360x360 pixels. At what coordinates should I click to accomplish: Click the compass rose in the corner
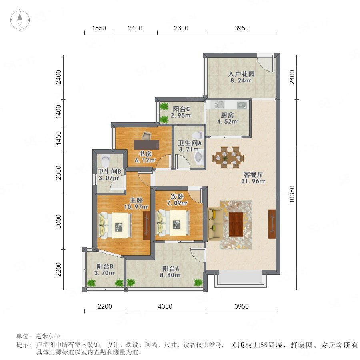tap(20, 20)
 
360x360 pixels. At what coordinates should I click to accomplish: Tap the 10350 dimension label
tap(292, 194)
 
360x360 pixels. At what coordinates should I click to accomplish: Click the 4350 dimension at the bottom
tap(165, 306)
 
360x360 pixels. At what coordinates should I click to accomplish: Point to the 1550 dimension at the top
tap(99, 28)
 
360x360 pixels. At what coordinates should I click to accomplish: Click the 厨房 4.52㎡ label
tap(227, 118)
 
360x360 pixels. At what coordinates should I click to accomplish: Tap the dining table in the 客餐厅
tap(228, 158)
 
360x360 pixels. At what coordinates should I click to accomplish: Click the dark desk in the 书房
tap(146, 144)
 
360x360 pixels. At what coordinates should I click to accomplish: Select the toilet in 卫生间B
tap(105, 162)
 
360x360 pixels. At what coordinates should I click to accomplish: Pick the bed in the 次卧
tap(173, 223)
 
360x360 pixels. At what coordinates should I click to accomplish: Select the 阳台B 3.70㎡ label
tap(105, 270)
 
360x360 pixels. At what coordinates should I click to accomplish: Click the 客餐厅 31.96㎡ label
tap(253, 178)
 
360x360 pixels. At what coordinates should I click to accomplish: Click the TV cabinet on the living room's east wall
tap(272, 224)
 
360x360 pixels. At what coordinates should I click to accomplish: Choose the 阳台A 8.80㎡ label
tap(170, 272)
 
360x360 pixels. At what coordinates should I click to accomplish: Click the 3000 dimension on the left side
tap(59, 222)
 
